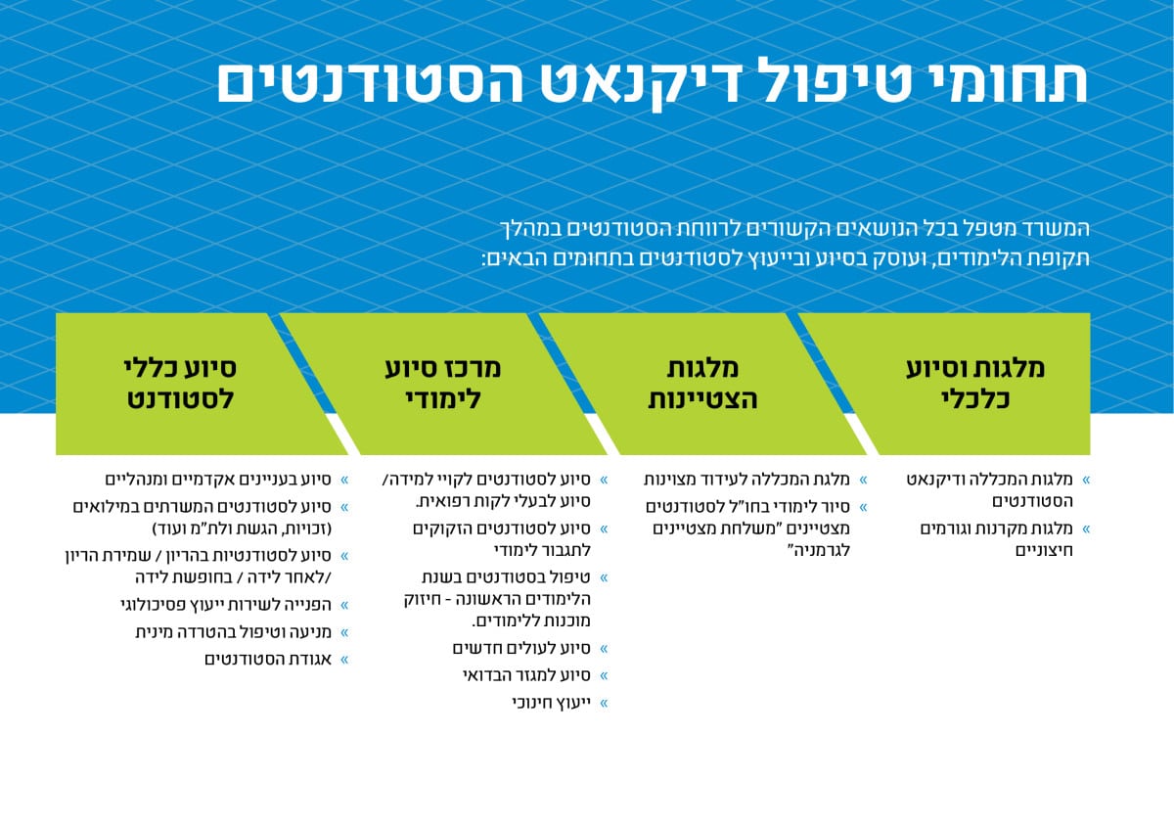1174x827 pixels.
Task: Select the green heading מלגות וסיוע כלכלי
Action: click(x=975, y=383)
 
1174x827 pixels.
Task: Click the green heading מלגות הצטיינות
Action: click(x=702, y=383)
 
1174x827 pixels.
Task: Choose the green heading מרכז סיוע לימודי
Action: click(x=443, y=383)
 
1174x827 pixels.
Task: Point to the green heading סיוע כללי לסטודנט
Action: click(x=180, y=383)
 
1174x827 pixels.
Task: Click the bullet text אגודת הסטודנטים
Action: click(x=268, y=660)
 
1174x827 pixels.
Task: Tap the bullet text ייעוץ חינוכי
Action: click(x=552, y=703)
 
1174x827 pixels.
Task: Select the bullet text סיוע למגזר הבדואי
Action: click(x=526, y=675)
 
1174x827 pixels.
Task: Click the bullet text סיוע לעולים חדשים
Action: click(x=521, y=649)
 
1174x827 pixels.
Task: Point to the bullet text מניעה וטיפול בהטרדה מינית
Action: click(x=233, y=632)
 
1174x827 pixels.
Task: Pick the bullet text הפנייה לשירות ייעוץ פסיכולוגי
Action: click(x=226, y=605)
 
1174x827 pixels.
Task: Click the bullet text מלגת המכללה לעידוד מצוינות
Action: click(x=746, y=480)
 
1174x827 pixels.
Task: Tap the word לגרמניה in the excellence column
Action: click(x=819, y=551)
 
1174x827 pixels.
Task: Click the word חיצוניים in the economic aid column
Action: click(x=1044, y=551)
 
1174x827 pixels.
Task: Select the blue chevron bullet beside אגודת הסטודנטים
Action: click(x=344, y=660)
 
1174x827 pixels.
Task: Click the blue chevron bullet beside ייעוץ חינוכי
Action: click(x=604, y=704)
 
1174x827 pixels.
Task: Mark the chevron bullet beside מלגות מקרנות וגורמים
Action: click(x=1086, y=528)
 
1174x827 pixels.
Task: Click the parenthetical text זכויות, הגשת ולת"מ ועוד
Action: click(x=243, y=528)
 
